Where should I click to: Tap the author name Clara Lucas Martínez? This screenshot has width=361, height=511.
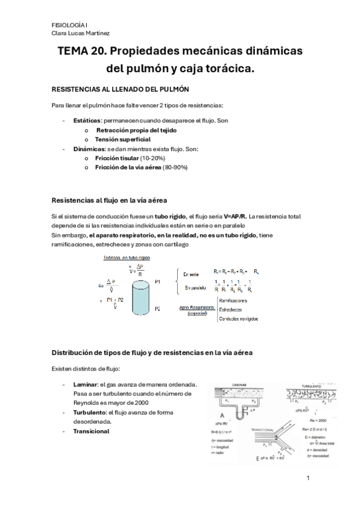pos(81,33)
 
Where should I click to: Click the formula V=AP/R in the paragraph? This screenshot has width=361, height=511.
pos(235,216)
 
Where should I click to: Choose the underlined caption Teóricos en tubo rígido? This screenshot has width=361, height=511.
pos(127,257)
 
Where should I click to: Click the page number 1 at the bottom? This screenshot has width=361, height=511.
pos(307,478)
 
